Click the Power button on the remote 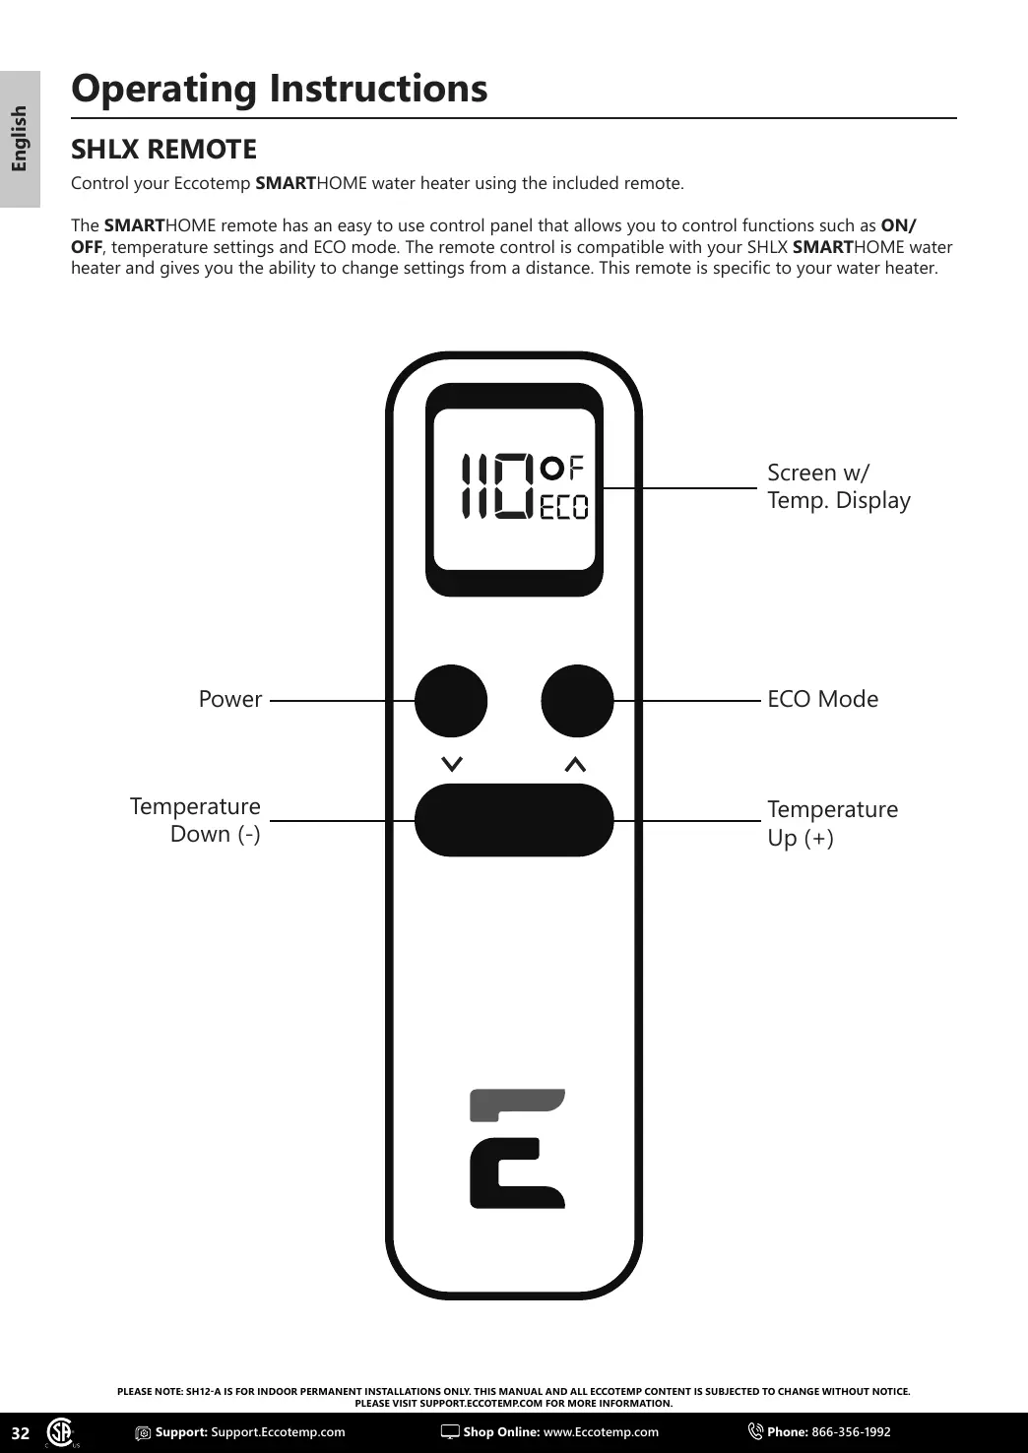tap(451, 701)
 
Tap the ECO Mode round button tap(577, 701)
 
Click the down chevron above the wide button tap(452, 764)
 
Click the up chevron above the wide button tap(576, 764)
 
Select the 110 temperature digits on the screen tap(497, 486)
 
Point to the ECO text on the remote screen tap(564, 507)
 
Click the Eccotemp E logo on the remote tap(517, 1149)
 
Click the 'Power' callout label tap(230, 699)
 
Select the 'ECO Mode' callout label tap(822, 699)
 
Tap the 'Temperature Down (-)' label tap(196, 820)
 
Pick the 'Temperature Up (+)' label tap(832, 823)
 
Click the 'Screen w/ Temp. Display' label tap(838, 486)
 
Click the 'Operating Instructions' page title tap(280, 89)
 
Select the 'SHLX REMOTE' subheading tap(163, 150)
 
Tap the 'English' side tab tap(20, 139)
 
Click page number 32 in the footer tap(21, 1433)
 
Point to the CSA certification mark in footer tap(61, 1432)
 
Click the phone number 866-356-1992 tap(851, 1432)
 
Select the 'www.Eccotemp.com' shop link tap(601, 1432)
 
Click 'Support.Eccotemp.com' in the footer tap(278, 1432)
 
